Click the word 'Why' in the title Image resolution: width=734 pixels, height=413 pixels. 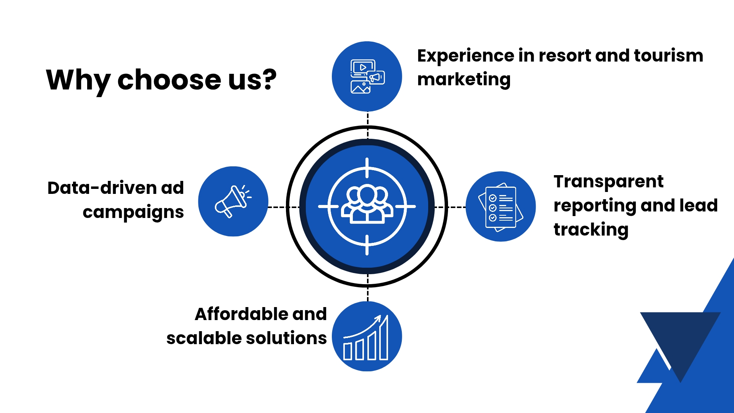point(78,80)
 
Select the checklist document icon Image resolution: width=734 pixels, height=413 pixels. point(500,207)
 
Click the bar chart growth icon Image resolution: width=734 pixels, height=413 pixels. point(367,337)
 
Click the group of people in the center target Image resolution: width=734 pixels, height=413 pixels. point(367,205)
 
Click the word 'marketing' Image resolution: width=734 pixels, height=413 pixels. point(464,80)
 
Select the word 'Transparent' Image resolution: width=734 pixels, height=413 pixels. point(608,182)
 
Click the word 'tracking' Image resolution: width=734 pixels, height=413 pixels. point(591,230)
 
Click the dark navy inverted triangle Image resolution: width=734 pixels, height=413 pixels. point(680,337)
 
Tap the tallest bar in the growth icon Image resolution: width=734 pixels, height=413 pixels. point(383,338)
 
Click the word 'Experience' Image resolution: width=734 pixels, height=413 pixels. point(465,56)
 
